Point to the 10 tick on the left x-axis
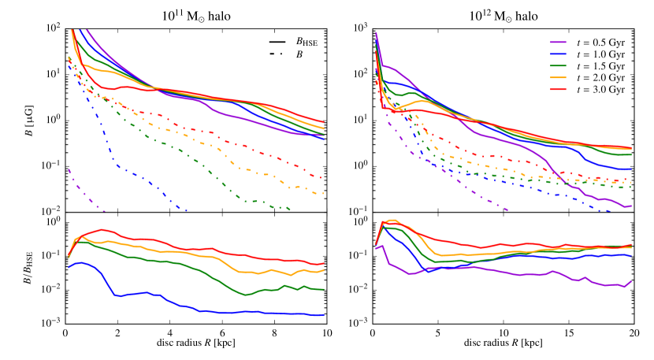click(x=327, y=334)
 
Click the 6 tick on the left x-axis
click(x=222, y=334)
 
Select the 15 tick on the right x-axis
click(x=568, y=334)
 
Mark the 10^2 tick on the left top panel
click(x=54, y=28)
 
